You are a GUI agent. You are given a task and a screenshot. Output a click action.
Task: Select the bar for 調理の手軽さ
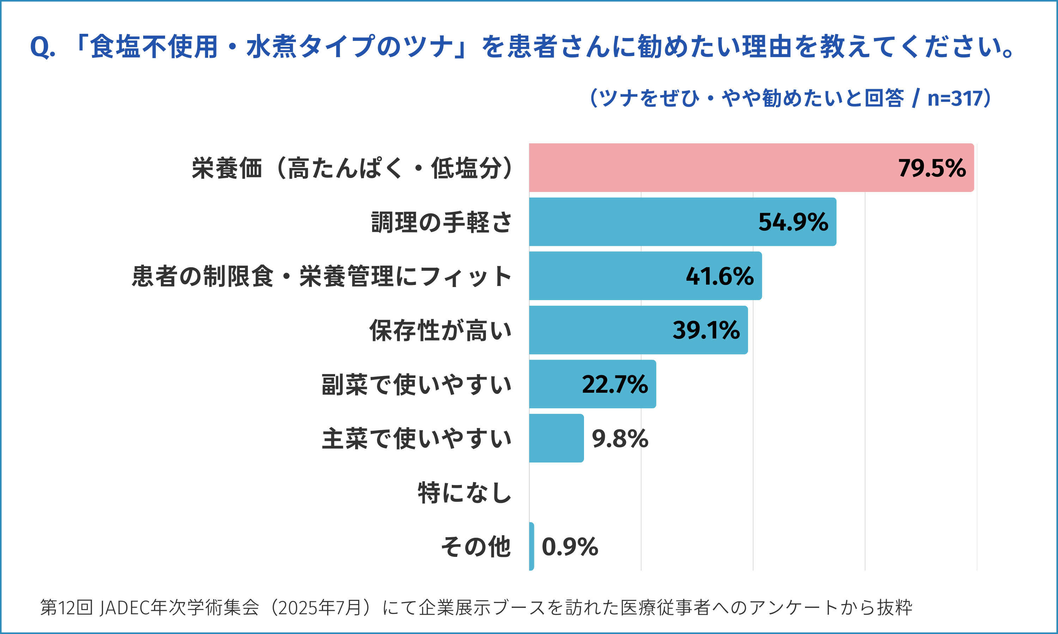click(642, 222)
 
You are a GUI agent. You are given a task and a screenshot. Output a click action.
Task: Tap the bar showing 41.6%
click(607, 276)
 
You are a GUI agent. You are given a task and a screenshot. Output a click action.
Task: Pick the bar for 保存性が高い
click(599, 330)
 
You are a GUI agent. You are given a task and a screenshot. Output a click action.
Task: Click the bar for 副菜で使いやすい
click(556, 384)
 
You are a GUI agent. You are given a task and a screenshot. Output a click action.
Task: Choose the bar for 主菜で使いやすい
click(556, 438)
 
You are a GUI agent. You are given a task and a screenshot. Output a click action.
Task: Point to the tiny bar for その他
click(531, 546)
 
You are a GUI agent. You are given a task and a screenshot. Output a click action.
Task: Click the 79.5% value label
click(932, 168)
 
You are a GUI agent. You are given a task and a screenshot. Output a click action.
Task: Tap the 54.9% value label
click(793, 222)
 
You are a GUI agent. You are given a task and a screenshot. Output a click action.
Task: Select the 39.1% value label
click(706, 330)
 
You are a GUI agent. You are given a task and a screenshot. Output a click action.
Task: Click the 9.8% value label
click(620, 439)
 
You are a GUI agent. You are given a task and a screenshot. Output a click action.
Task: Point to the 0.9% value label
click(570, 547)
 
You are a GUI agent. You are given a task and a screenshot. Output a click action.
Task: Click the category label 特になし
click(464, 493)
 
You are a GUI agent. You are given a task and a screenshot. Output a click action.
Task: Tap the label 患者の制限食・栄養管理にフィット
click(322, 276)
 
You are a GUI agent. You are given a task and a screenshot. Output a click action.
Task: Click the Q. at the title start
click(42, 47)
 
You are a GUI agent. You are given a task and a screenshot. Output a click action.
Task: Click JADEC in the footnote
click(124, 608)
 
